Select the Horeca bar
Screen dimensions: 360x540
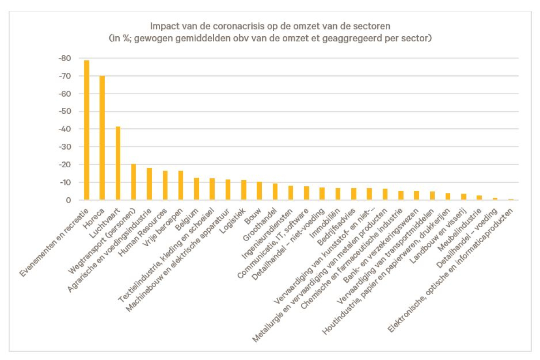click(x=102, y=138)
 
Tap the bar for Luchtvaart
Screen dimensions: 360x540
click(x=118, y=163)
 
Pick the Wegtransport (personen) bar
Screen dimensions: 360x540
click(x=133, y=182)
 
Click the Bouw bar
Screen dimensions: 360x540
click(x=259, y=191)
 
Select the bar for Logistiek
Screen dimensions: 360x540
click(x=244, y=190)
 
